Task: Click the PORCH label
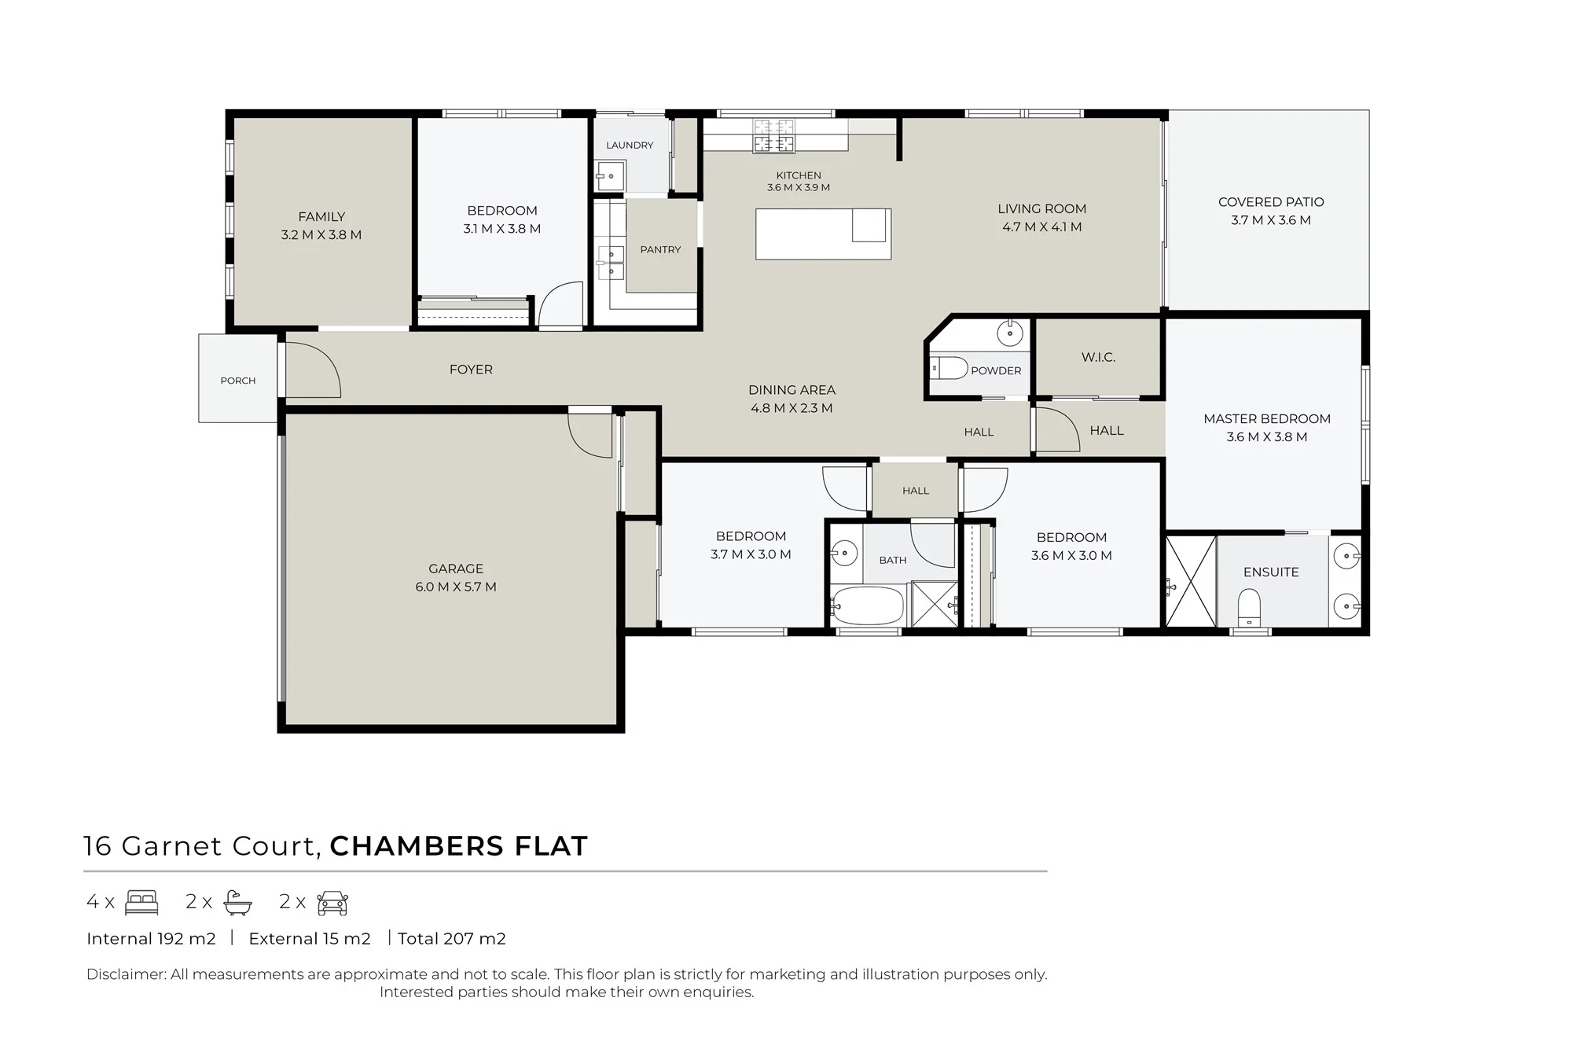[238, 381]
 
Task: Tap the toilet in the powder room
[949, 368]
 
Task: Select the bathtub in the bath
[868, 605]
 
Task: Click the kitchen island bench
[823, 234]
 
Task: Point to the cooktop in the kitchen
[774, 136]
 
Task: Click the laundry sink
[610, 176]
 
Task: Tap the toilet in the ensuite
[1249, 608]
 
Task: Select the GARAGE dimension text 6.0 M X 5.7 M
[456, 587]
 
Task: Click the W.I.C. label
[1098, 357]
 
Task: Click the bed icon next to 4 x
[142, 903]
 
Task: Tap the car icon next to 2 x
[332, 904]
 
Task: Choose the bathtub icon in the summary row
[237, 903]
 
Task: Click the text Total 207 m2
[452, 938]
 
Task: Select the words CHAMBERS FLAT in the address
[459, 846]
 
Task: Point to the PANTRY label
[660, 249]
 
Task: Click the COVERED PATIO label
[1271, 202]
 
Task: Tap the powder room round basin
[1010, 333]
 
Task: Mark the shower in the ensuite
[1191, 582]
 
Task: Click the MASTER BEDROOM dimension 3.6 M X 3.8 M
[1267, 437]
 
